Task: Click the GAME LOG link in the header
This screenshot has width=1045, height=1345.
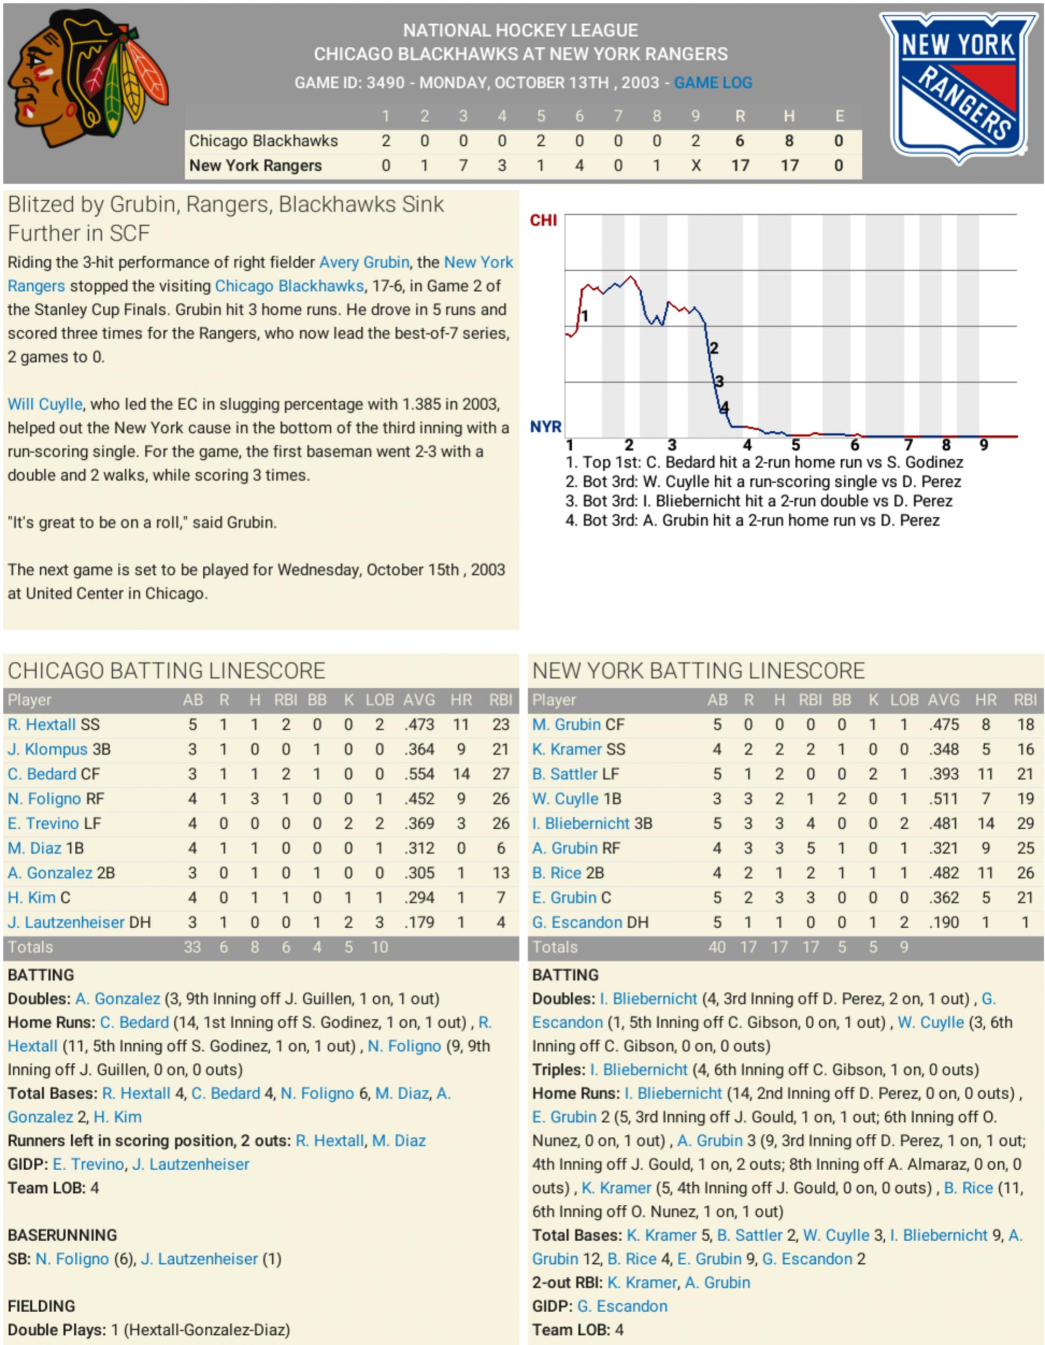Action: (713, 82)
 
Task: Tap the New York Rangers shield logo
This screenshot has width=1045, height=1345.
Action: (958, 86)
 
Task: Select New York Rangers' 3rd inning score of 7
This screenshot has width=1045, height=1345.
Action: (463, 166)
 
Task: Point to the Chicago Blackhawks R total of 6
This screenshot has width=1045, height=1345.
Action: (740, 141)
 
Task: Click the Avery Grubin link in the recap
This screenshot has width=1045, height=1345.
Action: (364, 262)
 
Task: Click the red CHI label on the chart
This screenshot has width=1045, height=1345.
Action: (543, 220)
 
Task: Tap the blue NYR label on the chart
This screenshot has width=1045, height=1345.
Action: (545, 427)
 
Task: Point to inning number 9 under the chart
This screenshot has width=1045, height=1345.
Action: (984, 445)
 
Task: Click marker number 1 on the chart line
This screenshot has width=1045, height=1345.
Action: (585, 317)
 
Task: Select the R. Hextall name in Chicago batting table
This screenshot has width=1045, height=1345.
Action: (41, 725)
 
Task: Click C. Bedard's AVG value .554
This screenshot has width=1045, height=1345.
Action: (420, 774)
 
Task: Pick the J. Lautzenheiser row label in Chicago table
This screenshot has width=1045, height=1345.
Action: (66, 922)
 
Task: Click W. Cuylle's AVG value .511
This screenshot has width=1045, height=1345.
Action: (943, 799)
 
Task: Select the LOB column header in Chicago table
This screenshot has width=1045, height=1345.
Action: (379, 700)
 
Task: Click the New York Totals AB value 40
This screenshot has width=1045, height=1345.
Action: (717, 947)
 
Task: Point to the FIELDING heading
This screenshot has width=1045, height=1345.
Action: (41, 1306)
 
